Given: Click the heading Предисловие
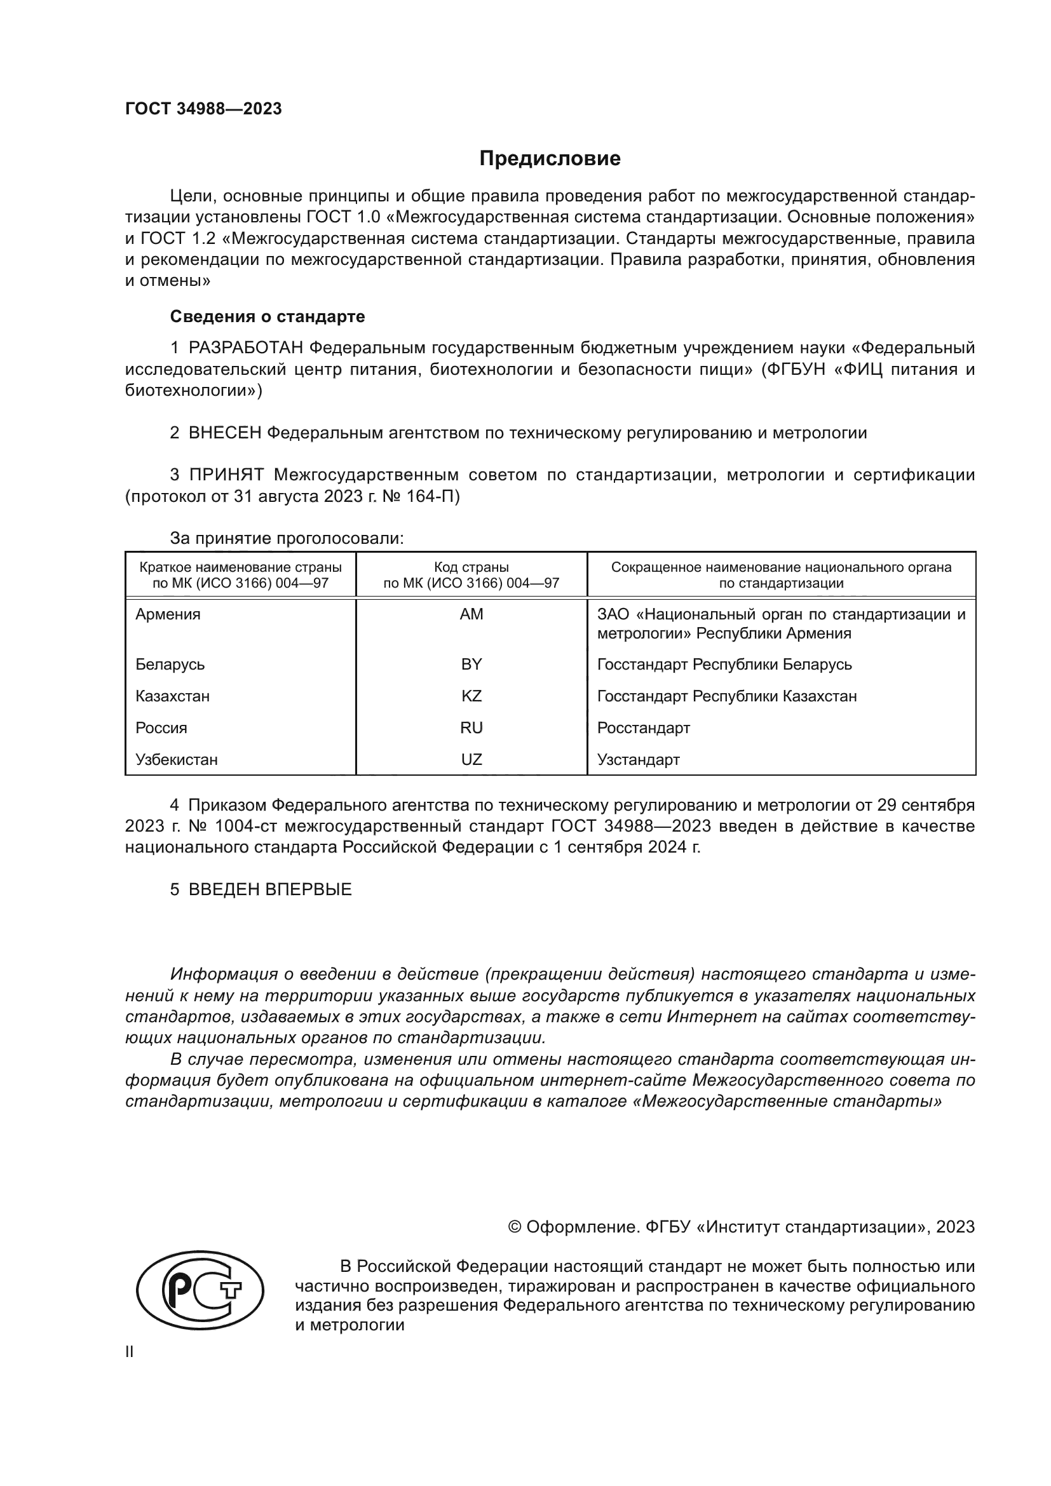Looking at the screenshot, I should click(550, 159).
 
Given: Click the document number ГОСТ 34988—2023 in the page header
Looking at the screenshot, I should click(203, 109).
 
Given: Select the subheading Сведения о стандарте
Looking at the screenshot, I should click(268, 316).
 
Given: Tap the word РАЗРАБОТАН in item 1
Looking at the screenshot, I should click(246, 348).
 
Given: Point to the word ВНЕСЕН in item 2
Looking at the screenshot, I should click(224, 433).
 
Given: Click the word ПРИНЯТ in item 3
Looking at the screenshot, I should click(226, 475).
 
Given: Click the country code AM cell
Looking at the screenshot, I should click(471, 614).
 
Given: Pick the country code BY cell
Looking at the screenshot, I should click(471, 664).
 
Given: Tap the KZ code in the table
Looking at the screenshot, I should click(471, 696).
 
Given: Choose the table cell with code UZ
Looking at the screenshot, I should click(471, 759).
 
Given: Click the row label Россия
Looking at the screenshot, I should click(161, 727).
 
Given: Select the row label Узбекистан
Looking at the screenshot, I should click(177, 759).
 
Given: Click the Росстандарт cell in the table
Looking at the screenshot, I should click(643, 727).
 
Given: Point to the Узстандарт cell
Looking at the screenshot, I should click(638, 759).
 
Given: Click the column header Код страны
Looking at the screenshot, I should click(471, 567).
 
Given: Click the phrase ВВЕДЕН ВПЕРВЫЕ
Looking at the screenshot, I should click(270, 889).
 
